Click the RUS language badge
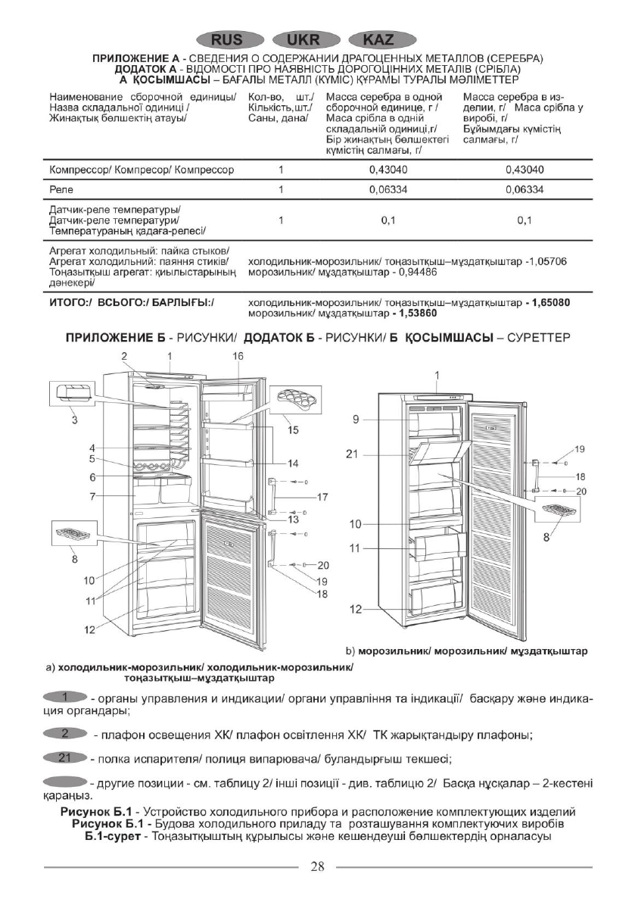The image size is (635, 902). [229, 40]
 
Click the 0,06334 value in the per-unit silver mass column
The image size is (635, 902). [388, 189]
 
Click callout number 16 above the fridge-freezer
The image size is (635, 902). [238, 355]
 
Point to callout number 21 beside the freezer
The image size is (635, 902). [350, 454]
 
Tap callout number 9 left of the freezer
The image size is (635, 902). [354, 420]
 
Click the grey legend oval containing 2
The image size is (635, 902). [67, 732]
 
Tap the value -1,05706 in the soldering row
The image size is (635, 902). [545, 261]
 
